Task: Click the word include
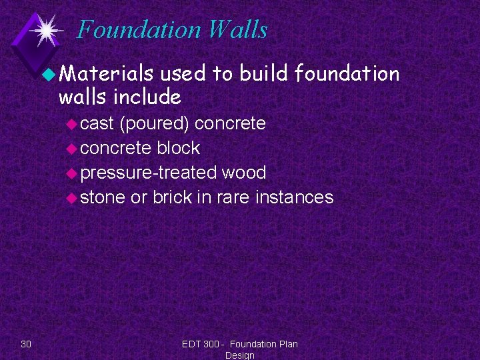pos(147,97)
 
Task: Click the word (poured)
pos(154,123)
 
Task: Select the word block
pos(178,148)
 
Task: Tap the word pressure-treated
pos(149,173)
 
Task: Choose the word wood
pos(244,173)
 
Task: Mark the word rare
pos(239,197)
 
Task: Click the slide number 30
pos(26,344)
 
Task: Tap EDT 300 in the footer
pos(201,344)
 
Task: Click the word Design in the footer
pos(239,355)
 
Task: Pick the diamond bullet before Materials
pos(49,75)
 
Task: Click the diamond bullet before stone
pos(73,198)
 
